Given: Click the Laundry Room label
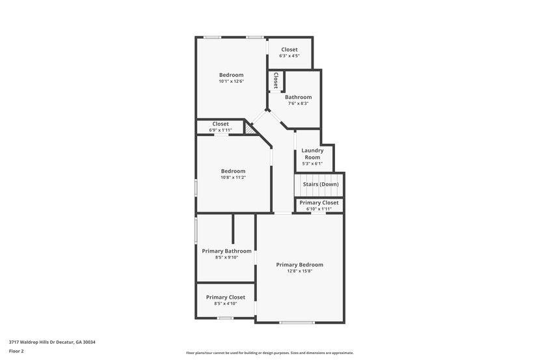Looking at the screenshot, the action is [312, 154].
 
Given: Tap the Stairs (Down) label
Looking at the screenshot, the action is [321, 184].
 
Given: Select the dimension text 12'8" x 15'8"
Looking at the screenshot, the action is [300, 271].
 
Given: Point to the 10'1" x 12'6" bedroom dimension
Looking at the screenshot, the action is [232, 81].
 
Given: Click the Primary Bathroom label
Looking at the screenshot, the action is [226, 251].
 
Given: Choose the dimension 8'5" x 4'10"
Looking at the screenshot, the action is [226, 303].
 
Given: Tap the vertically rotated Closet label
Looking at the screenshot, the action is [276, 80].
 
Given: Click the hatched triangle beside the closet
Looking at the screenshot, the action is [249, 128].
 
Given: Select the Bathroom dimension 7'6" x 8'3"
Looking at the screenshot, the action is [298, 104].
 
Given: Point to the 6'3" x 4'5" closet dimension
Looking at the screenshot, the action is [290, 56].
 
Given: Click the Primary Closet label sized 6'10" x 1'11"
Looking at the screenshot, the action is [319, 202].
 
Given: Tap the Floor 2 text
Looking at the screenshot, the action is [16, 352].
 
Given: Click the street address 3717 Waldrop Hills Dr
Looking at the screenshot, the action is [38, 342].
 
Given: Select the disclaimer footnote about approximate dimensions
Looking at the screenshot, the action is [270, 353].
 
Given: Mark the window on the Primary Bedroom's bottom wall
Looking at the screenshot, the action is [297, 323].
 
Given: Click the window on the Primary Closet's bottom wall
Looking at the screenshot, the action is [225, 318].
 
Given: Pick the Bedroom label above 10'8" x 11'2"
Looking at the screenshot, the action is [233, 171].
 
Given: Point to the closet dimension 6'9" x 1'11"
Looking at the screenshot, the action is [221, 130].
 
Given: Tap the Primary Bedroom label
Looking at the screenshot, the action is [300, 265].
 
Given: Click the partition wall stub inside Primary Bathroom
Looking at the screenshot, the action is [233, 228].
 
